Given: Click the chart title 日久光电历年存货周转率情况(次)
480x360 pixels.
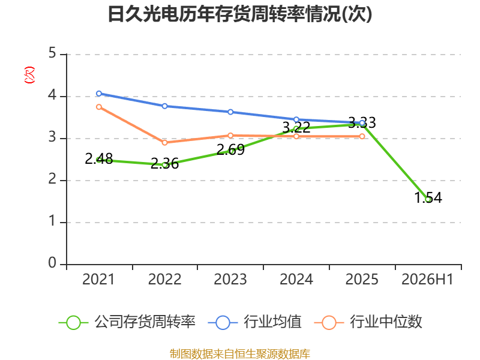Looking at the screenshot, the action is click(x=240, y=14).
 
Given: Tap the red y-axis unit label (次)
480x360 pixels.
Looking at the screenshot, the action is click(x=29, y=75).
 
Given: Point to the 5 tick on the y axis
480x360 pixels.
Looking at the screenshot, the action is click(x=52, y=53).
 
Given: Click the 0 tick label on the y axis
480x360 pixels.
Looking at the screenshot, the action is click(x=52, y=263).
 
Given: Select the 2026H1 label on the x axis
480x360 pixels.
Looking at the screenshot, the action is click(x=427, y=279).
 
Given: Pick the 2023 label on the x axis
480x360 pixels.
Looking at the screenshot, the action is click(x=230, y=279).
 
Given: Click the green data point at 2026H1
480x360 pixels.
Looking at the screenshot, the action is click(x=428, y=200).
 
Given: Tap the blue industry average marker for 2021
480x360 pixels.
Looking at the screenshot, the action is click(x=99, y=94).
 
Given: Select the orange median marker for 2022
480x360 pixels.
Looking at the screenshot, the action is click(x=164, y=143).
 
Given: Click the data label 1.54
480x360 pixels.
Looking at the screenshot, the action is click(x=428, y=197).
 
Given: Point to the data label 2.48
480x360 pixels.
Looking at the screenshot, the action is click(x=99, y=158).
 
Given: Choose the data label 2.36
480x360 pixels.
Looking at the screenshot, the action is click(x=164, y=163).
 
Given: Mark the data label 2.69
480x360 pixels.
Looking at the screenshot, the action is click(x=230, y=149).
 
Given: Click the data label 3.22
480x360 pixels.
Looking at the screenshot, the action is click(x=296, y=127).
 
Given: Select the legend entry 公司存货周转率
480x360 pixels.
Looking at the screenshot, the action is click(x=127, y=322).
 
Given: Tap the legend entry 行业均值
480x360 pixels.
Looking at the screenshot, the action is click(x=254, y=322).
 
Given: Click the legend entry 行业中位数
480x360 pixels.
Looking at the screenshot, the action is click(x=368, y=322).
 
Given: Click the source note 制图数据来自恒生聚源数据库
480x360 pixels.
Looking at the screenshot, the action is click(x=240, y=354).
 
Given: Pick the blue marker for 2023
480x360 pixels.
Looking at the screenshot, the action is click(x=230, y=112).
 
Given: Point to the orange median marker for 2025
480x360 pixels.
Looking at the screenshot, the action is click(x=362, y=136).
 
